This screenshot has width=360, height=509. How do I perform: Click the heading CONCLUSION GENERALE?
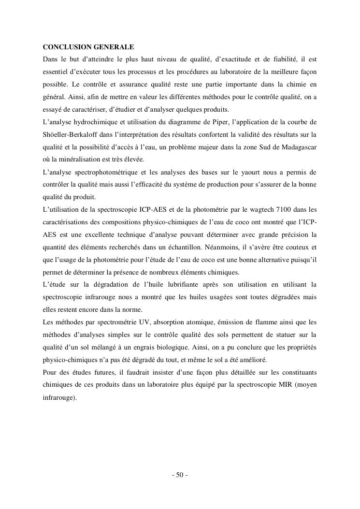point(88,47)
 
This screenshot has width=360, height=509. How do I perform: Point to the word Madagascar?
point(299,146)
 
